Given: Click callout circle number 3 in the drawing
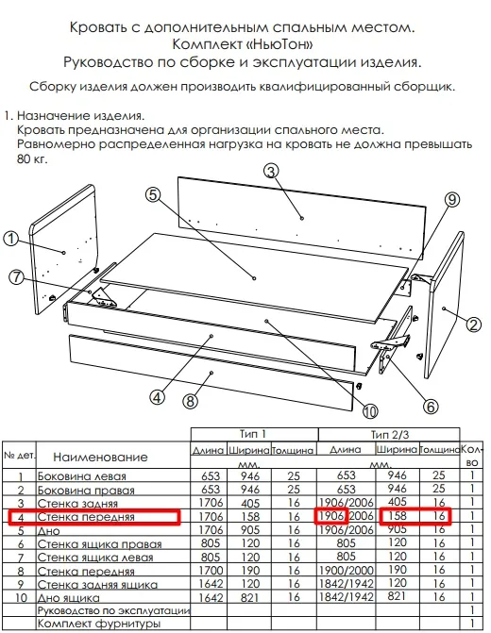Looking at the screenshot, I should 270,171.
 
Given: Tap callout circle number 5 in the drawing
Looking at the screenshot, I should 152,195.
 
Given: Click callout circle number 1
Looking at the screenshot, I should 10,240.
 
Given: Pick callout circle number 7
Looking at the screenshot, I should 16,277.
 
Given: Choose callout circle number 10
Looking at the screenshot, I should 367,410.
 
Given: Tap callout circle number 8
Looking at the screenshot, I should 190,402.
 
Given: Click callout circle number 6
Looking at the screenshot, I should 430,407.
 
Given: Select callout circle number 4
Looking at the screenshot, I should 157,396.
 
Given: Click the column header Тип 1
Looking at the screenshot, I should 253,434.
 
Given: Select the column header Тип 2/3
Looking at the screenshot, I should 388,434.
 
